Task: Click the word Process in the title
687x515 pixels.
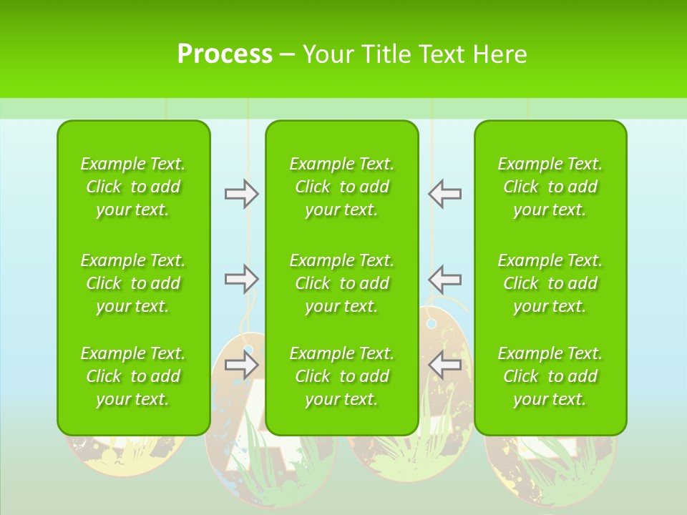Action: (x=225, y=54)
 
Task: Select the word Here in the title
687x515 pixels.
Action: (x=498, y=54)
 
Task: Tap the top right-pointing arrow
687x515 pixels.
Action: (x=241, y=194)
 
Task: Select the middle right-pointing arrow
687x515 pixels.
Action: (x=241, y=279)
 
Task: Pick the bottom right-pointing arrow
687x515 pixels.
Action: (x=241, y=365)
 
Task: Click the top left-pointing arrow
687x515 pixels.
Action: (x=445, y=194)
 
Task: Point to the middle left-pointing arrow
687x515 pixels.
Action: (x=445, y=279)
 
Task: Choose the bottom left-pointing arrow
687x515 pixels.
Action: (x=445, y=365)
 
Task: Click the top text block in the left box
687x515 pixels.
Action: (x=133, y=187)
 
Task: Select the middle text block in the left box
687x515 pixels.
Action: (x=133, y=283)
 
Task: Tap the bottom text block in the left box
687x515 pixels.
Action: (x=133, y=376)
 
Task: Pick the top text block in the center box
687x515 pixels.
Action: (x=342, y=187)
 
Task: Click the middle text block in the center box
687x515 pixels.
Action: (x=342, y=283)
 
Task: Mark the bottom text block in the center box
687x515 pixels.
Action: (x=342, y=376)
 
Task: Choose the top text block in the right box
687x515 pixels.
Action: (x=550, y=187)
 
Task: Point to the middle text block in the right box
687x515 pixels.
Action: (x=550, y=283)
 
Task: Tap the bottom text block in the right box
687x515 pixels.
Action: (x=550, y=376)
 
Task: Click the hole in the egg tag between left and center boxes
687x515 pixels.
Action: (x=249, y=351)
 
